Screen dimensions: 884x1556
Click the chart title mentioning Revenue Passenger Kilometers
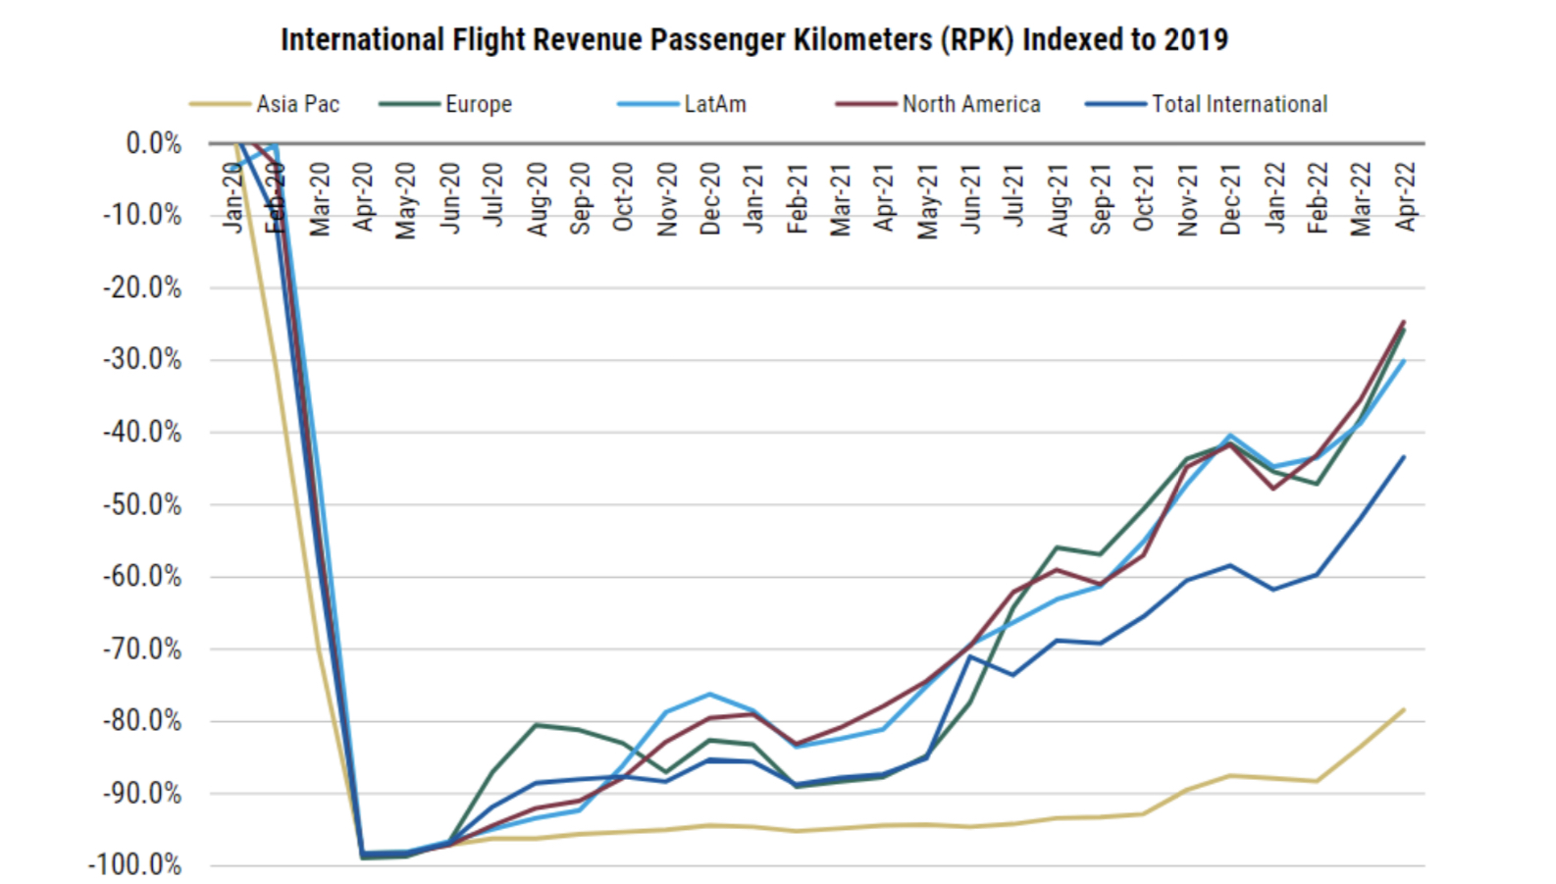click(x=753, y=39)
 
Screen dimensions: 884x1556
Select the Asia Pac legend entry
click(x=297, y=104)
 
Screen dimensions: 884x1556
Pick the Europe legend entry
click(x=478, y=104)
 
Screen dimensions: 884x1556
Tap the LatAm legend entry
click(x=714, y=104)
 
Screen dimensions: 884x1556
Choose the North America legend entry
click(x=970, y=104)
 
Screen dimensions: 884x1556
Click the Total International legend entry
click(x=1238, y=104)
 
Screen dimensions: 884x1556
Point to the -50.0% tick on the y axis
click(x=142, y=505)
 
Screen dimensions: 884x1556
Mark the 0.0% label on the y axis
click(x=154, y=144)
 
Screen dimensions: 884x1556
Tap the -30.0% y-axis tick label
click(x=142, y=360)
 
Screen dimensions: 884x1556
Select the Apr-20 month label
click(x=364, y=197)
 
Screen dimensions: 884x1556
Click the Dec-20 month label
click(x=710, y=199)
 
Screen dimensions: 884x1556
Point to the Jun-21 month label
click(x=970, y=199)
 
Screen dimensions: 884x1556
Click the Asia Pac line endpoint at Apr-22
click(x=1404, y=709)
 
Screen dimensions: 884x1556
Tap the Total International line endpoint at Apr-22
click(x=1404, y=456)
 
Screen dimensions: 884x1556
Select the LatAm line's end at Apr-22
click(x=1404, y=361)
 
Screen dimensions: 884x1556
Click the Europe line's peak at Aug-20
click(x=537, y=725)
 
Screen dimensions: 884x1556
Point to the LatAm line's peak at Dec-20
click(x=710, y=694)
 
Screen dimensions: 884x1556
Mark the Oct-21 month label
click(x=1144, y=198)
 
